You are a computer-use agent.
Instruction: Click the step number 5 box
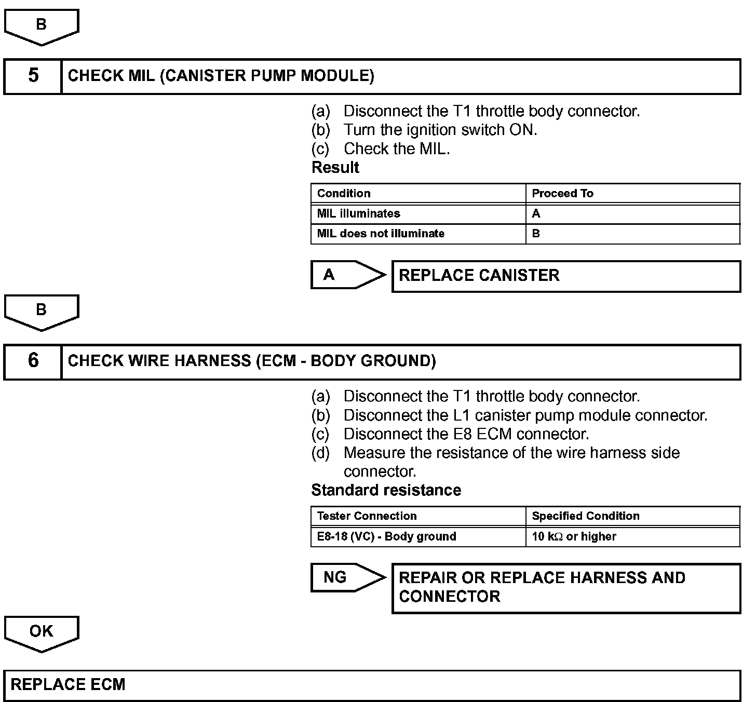pyautogui.click(x=33, y=76)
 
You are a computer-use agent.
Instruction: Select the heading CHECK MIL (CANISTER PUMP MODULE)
pyautogui.click(x=221, y=76)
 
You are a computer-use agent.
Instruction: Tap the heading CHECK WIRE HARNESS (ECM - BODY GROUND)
pyautogui.click(x=252, y=361)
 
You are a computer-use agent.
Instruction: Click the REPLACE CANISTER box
pyautogui.click(x=565, y=276)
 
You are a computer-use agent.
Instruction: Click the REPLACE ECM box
pyautogui.click(x=371, y=685)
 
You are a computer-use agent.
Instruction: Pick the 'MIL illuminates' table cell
pyautogui.click(x=418, y=213)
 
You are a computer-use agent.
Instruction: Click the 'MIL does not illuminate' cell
pyautogui.click(x=418, y=234)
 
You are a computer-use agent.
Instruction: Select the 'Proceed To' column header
pyautogui.click(x=632, y=194)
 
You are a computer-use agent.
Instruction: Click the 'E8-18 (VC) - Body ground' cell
pyautogui.click(x=418, y=536)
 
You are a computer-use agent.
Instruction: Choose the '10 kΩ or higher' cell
pyautogui.click(x=632, y=536)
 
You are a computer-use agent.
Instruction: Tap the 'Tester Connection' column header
pyautogui.click(x=418, y=516)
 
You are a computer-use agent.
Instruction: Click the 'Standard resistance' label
pyautogui.click(x=386, y=490)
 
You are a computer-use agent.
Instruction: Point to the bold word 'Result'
pyautogui.click(x=335, y=167)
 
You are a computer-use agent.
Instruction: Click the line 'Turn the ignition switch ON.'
pyautogui.click(x=440, y=130)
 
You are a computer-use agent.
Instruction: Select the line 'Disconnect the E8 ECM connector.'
pyautogui.click(x=466, y=434)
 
